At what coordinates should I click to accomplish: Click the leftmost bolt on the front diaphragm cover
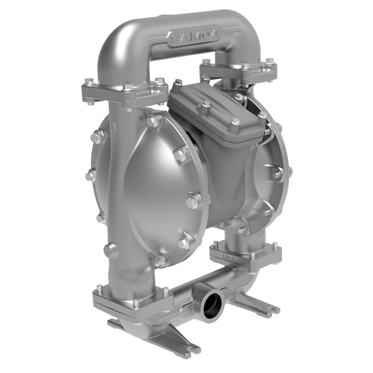click(x=91, y=176)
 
